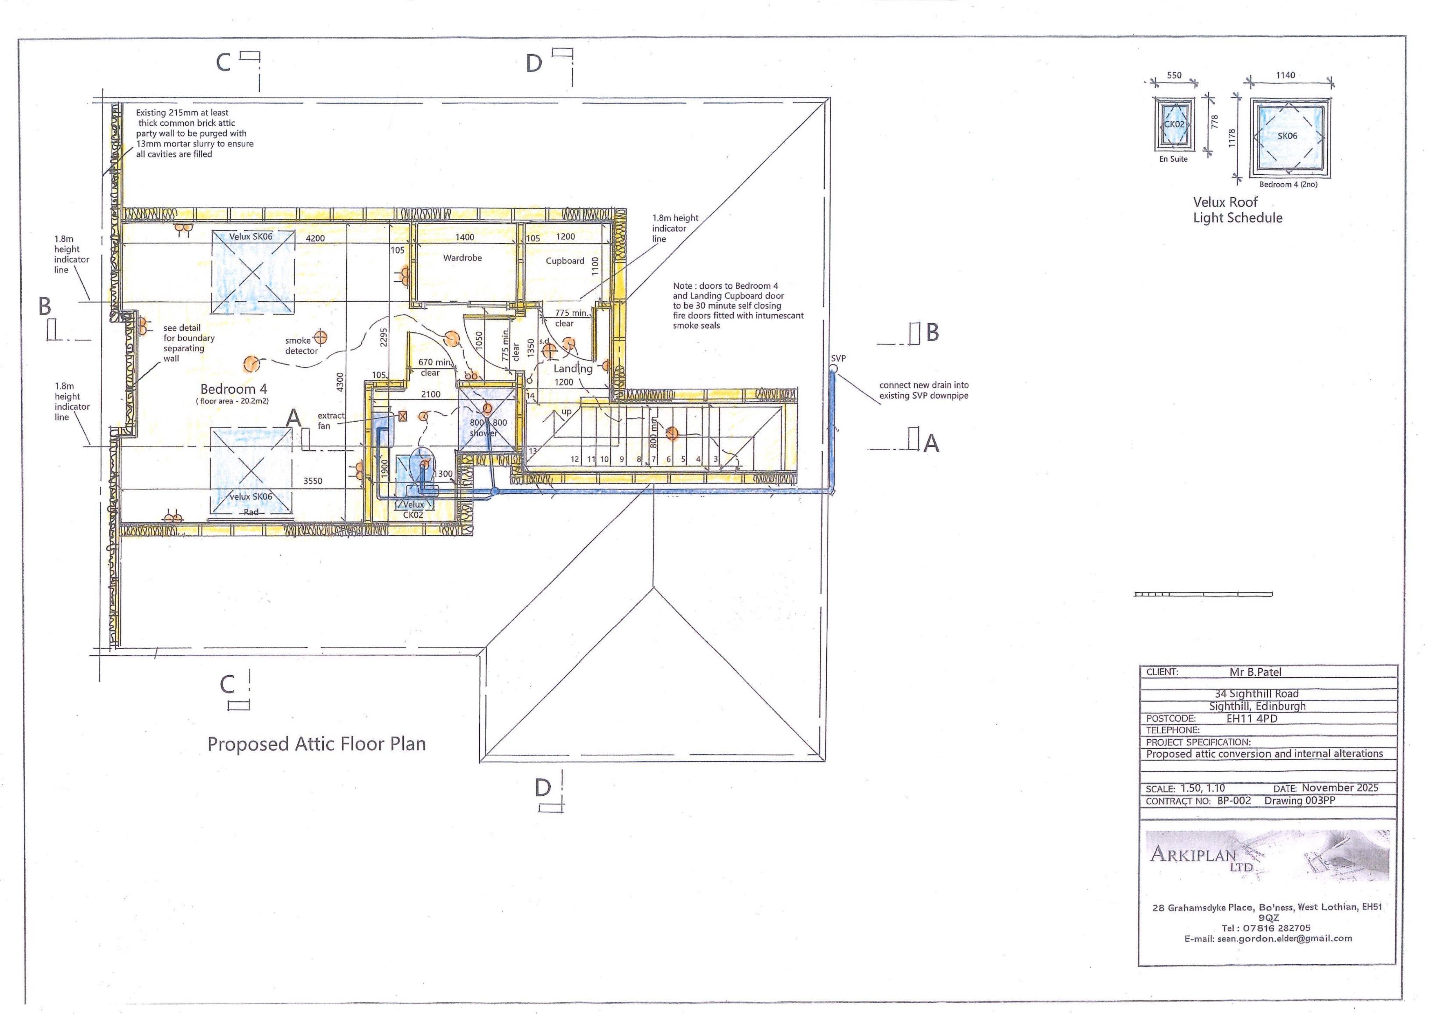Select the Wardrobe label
pyautogui.click(x=463, y=258)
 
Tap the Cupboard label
pyautogui.click(x=565, y=261)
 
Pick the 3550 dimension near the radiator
pyautogui.click(x=313, y=481)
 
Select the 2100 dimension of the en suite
pyautogui.click(x=431, y=395)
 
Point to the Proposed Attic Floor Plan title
pyautogui.click(x=316, y=744)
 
